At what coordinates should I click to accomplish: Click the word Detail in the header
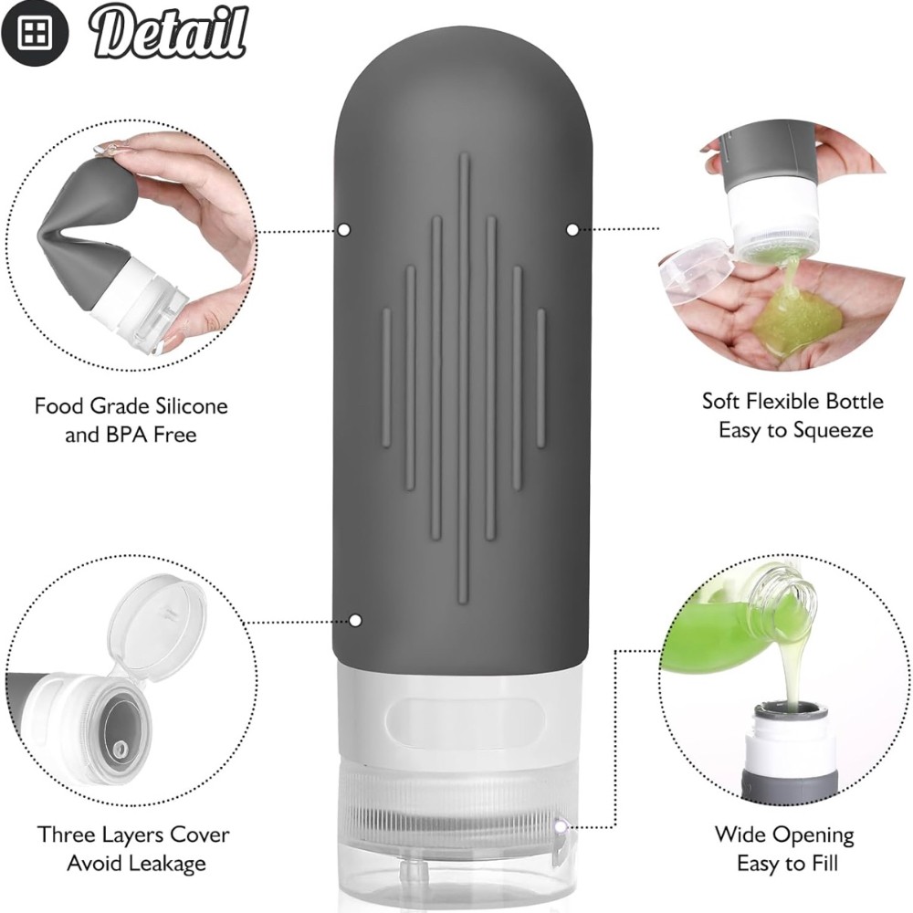pyautogui.click(x=169, y=32)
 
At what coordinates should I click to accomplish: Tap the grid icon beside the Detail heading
pyautogui.click(x=35, y=33)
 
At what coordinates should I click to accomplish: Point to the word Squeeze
pyautogui.click(x=834, y=432)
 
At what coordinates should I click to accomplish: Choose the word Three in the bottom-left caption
pyautogui.click(x=67, y=834)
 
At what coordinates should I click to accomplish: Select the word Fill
pyautogui.click(x=822, y=863)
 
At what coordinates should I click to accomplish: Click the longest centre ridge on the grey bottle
pyautogui.click(x=464, y=379)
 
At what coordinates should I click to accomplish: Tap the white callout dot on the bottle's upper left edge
pyautogui.click(x=344, y=230)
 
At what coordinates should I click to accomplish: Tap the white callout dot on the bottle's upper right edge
pyautogui.click(x=572, y=230)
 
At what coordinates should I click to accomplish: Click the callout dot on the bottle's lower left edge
pyautogui.click(x=355, y=621)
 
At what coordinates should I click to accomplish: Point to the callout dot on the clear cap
pyautogui.click(x=561, y=826)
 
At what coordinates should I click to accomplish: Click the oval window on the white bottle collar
pyautogui.click(x=466, y=721)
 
